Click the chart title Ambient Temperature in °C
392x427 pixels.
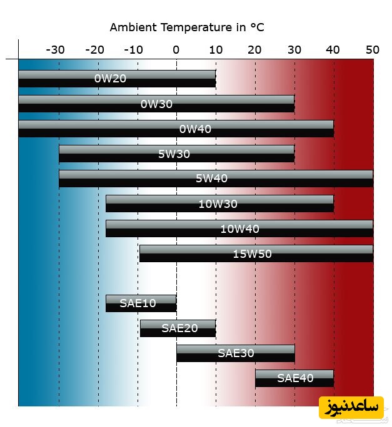187,27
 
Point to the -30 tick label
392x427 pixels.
56,50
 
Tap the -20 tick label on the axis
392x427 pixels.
95,50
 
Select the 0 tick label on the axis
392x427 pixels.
176,50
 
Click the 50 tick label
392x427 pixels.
373,50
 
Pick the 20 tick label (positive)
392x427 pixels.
254,50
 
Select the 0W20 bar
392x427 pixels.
117,79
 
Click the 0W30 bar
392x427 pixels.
156,104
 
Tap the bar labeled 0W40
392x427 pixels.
176,129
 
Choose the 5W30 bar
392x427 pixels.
176,154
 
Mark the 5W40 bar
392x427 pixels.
216,179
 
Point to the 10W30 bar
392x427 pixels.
219,204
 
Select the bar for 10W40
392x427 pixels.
239,228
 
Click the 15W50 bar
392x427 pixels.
256,253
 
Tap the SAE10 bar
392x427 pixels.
141,303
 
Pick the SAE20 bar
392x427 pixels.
178,328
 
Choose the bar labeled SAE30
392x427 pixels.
235,353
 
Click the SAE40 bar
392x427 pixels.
294,378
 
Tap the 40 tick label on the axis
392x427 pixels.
333,50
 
